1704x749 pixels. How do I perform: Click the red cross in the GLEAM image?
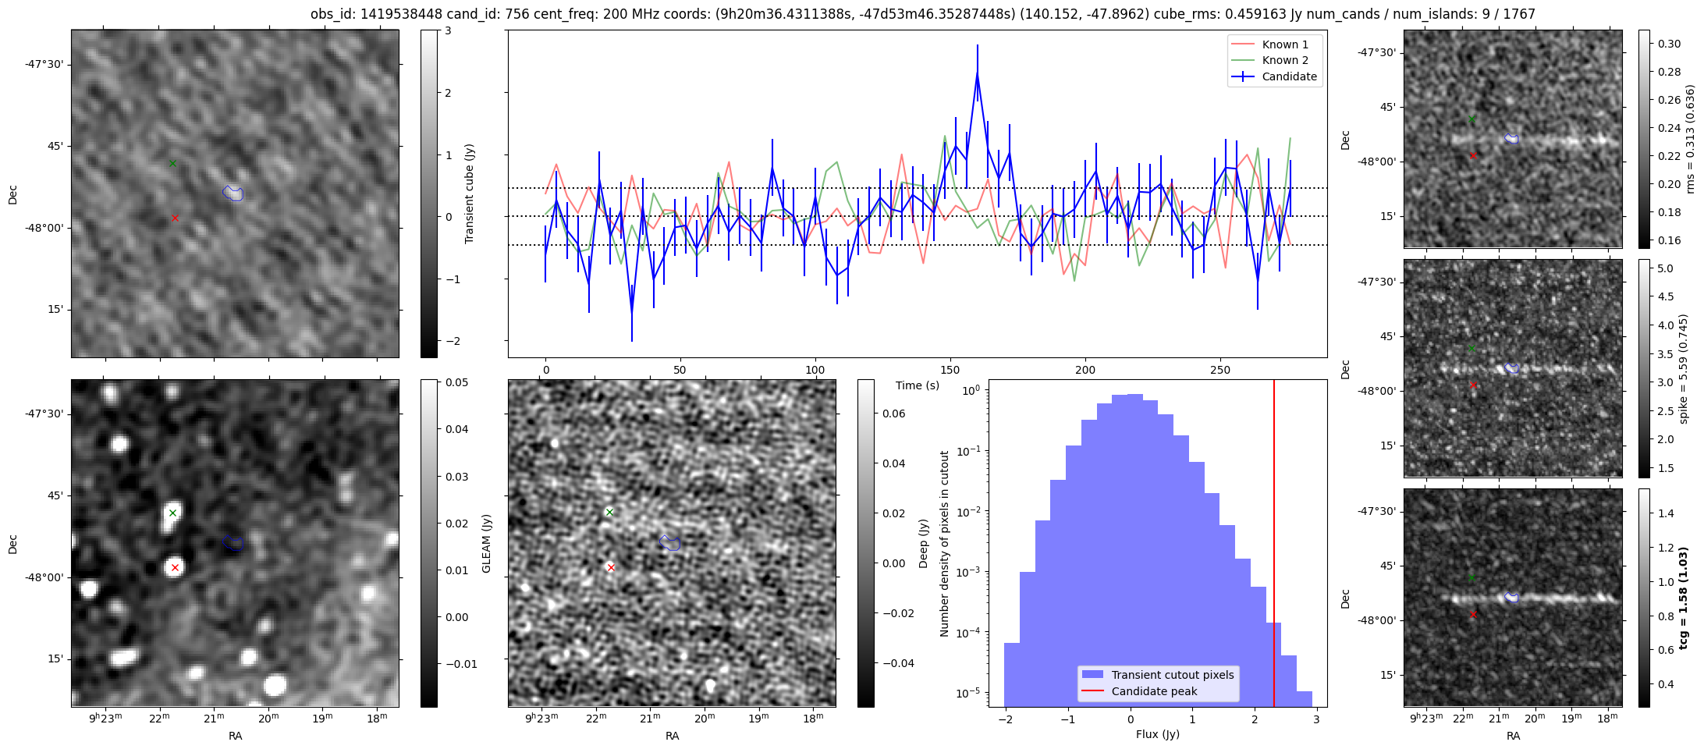click(175, 568)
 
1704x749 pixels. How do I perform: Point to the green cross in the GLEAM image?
click(172, 513)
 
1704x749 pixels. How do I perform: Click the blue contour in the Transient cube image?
click(233, 193)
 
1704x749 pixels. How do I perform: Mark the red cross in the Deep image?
click(611, 568)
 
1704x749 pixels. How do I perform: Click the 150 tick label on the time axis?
click(950, 370)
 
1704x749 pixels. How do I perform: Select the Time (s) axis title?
click(917, 385)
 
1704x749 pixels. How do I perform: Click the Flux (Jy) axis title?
click(1157, 734)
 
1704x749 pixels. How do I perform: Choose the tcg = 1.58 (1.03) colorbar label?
click(1684, 598)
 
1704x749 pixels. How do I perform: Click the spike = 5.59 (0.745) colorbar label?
click(1684, 368)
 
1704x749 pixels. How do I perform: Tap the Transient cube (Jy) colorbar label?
click(470, 193)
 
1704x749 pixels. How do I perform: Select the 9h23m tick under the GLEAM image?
click(105, 718)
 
